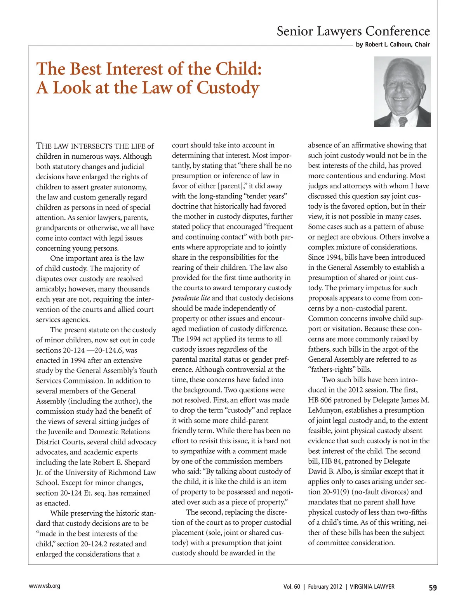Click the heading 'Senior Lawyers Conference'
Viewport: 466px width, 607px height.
(353, 31)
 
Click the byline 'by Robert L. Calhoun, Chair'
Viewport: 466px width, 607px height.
(393, 45)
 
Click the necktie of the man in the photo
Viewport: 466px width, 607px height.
(403, 121)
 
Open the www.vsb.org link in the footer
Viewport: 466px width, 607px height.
(45, 586)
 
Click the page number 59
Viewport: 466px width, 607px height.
(433, 588)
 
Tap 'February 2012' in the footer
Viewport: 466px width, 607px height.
(325, 587)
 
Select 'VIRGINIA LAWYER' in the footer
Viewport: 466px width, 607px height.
(372, 587)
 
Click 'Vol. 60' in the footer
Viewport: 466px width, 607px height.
(292, 587)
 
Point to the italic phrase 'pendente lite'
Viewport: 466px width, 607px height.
(191, 298)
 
